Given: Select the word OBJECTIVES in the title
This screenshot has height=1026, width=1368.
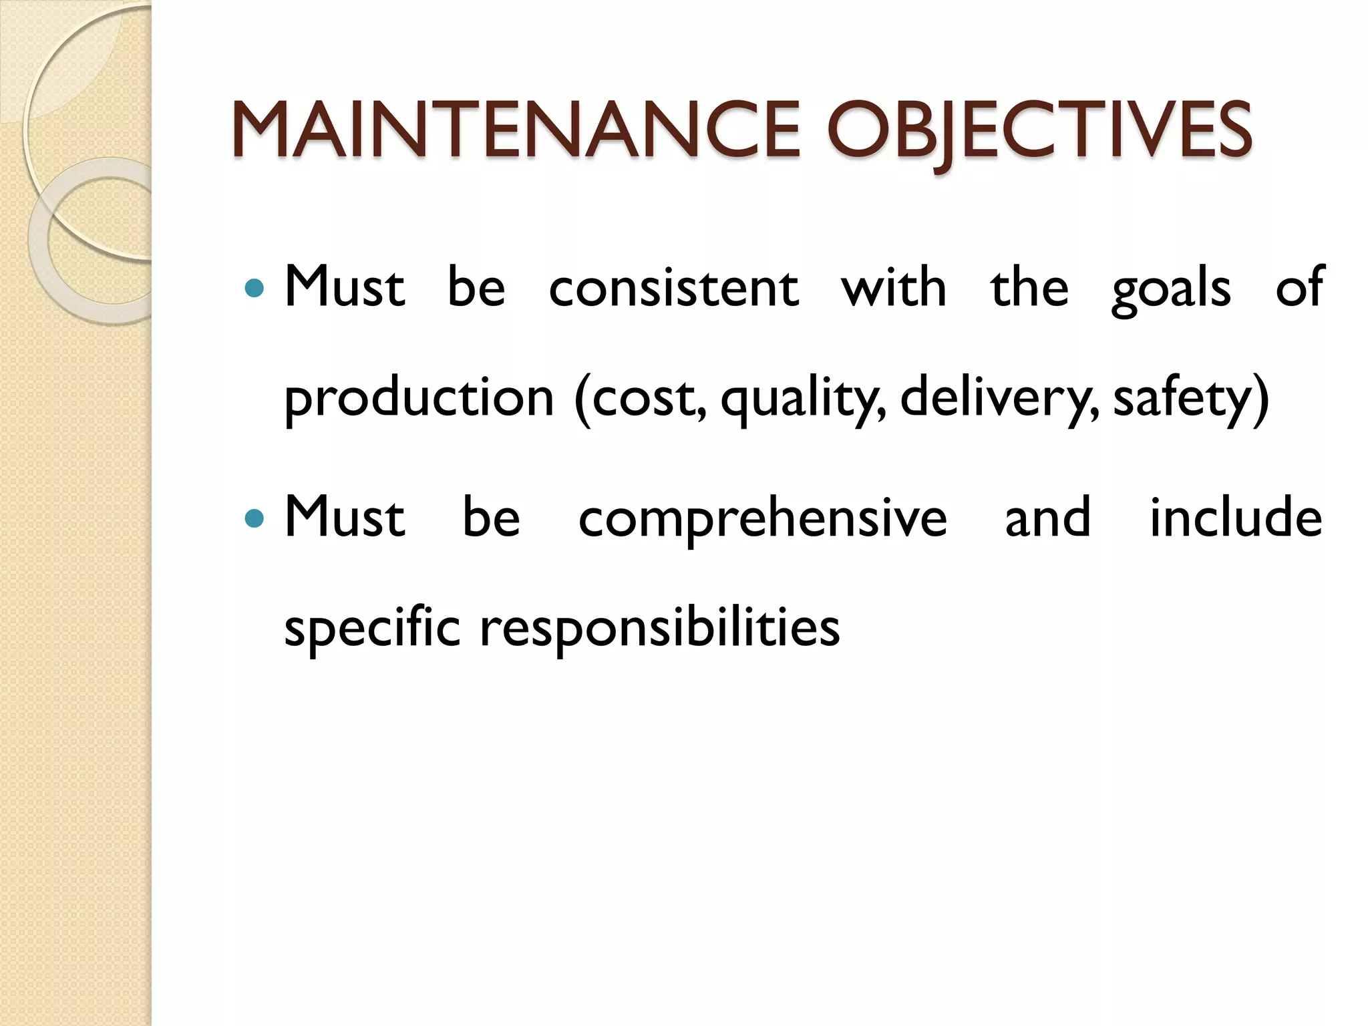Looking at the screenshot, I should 1039,130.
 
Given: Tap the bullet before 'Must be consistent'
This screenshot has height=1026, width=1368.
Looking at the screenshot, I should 254,289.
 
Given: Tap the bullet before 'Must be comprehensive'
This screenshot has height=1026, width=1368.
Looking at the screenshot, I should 254,518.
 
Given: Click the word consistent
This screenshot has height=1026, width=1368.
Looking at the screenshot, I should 673,289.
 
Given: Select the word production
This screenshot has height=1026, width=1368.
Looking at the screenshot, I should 419,398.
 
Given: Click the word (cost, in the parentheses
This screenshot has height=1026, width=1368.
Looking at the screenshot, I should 640,398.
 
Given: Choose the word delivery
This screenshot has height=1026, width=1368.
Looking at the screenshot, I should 999,398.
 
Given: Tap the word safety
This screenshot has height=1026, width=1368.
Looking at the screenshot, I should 1190,398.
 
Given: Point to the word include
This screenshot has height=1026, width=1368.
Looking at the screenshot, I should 1236,518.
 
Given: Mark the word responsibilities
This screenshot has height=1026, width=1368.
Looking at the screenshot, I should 659,629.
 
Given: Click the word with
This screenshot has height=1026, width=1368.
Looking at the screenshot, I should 894,289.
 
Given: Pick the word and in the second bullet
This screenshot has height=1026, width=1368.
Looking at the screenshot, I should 1047,518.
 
